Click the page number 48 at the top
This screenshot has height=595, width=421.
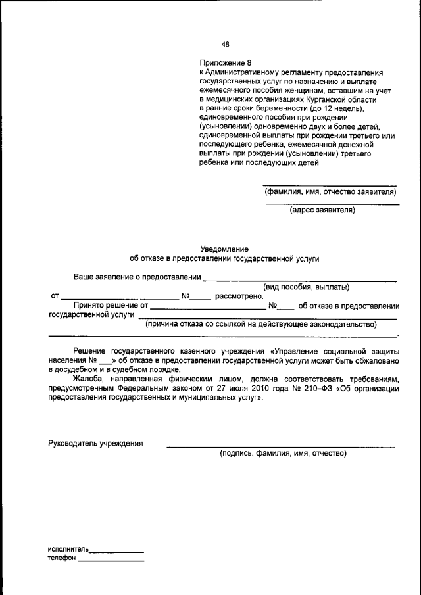click(226, 45)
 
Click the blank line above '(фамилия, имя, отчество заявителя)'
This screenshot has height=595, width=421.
click(330, 185)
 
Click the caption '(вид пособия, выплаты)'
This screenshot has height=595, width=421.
click(306, 287)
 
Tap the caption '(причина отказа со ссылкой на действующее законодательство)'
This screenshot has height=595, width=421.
click(260, 324)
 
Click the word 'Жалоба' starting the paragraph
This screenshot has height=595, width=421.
click(89, 379)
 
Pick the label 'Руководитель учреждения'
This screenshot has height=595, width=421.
click(96, 443)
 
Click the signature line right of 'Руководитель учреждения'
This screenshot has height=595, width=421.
click(281, 446)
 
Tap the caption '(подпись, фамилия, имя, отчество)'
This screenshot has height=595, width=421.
click(282, 454)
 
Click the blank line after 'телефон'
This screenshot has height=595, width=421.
click(111, 561)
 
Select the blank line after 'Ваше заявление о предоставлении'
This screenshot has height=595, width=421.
click(299, 280)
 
